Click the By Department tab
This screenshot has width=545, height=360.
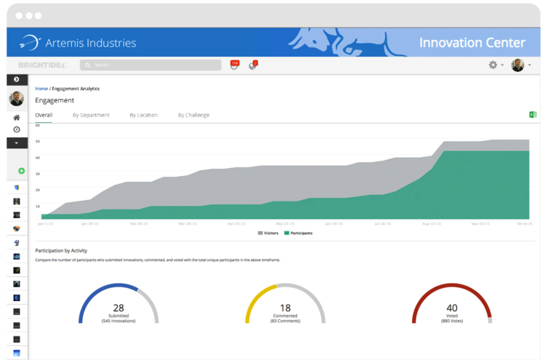[x=91, y=115]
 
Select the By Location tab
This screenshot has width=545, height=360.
[x=143, y=115]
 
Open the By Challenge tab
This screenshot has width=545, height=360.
[x=193, y=115]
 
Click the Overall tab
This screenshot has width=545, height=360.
[x=44, y=115]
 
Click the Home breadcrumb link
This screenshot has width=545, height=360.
[x=41, y=89]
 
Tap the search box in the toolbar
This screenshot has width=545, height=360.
[x=150, y=65]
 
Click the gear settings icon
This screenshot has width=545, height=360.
[x=493, y=65]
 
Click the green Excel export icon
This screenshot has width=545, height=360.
[x=533, y=115]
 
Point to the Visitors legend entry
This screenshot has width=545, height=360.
[x=268, y=233]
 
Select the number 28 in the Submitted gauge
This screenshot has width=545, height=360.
[x=118, y=308]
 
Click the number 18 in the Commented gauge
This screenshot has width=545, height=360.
[x=285, y=308]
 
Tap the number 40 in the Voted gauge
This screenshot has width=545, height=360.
[x=452, y=308]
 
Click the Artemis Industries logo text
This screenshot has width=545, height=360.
[x=90, y=43]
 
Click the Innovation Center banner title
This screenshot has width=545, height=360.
[x=472, y=43]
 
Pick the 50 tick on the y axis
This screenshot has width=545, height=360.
[x=38, y=141]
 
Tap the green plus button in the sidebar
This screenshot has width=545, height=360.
[x=21, y=171]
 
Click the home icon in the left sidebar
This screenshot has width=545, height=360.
[x=17, y=118]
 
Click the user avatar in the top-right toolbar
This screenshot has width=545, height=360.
[x=517, y=65]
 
